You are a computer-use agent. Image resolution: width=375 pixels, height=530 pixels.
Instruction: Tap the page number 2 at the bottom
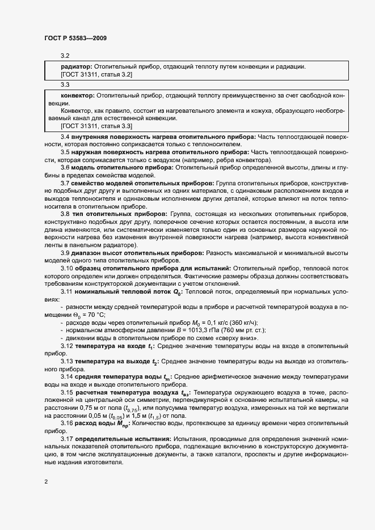(46, 482)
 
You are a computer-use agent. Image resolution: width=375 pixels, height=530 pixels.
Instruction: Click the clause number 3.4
(65, 137)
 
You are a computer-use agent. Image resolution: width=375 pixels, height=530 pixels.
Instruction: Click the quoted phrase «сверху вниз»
(242, 338)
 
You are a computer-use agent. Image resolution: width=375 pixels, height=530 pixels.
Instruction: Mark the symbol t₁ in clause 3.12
(150, 346)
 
